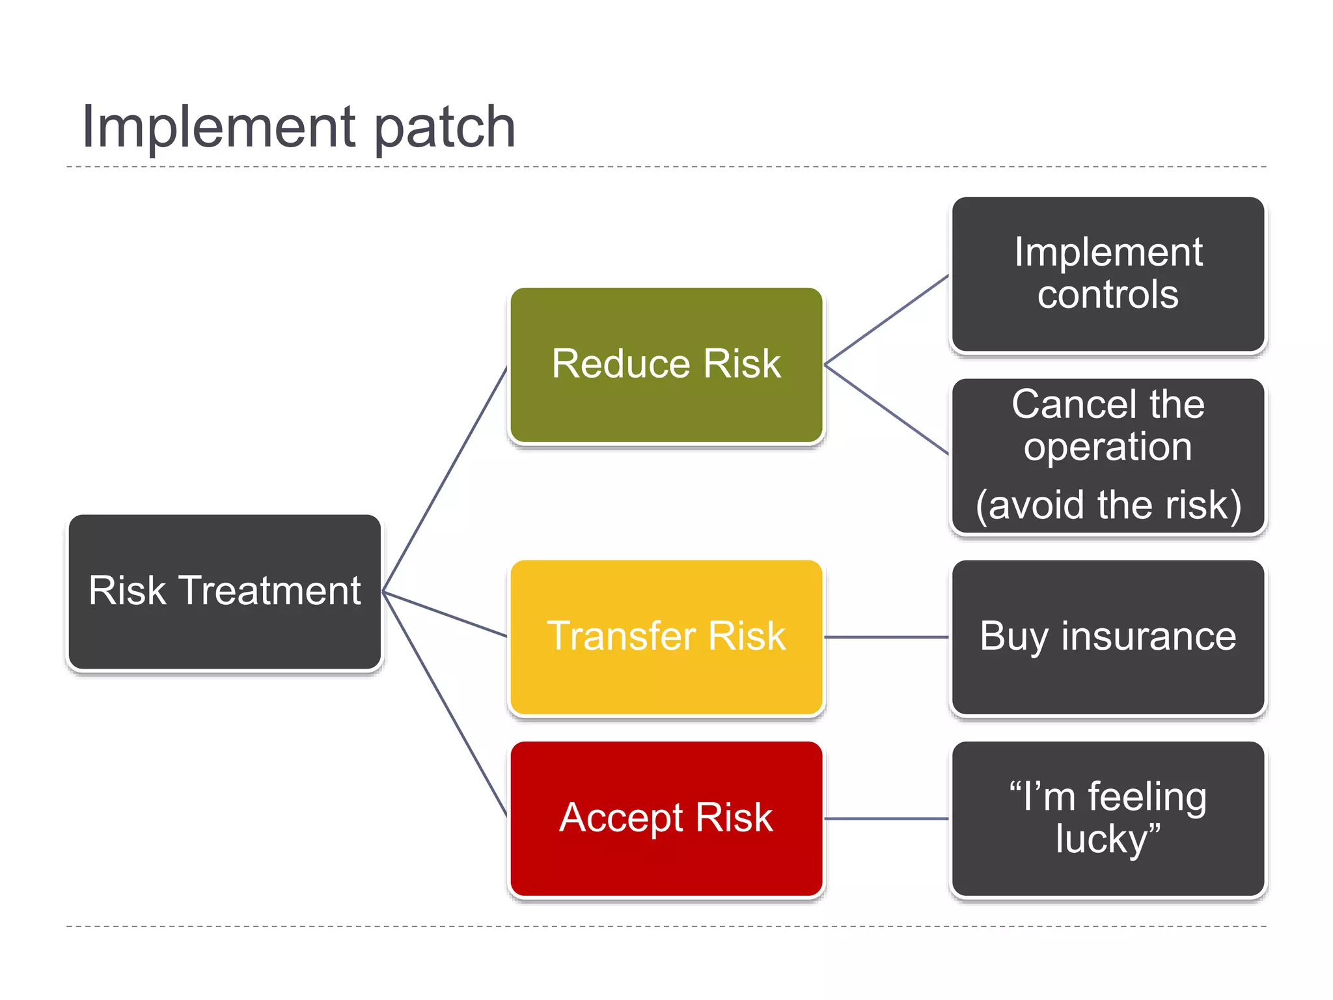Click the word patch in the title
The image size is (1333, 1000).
coord(445,128)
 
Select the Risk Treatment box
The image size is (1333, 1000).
coord(225,591)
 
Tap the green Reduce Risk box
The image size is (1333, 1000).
coord(666,365)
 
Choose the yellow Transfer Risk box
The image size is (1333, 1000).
coord(666,637)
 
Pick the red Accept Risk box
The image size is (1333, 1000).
coord(666,818)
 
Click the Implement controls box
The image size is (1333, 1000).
coord(1108,273)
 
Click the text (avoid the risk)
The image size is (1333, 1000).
coord(1108,505)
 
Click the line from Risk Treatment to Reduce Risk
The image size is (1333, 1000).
coord(445,479)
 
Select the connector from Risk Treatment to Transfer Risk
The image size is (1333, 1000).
coord(445,614)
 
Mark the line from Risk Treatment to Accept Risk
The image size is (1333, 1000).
coord(445,704)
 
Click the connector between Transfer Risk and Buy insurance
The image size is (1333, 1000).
coord(886,637)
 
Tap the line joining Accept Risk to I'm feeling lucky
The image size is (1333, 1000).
coord(886,818)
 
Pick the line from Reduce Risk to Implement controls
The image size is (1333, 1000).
coord(886,320)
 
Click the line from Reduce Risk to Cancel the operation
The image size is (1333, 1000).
coord(886,410)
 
